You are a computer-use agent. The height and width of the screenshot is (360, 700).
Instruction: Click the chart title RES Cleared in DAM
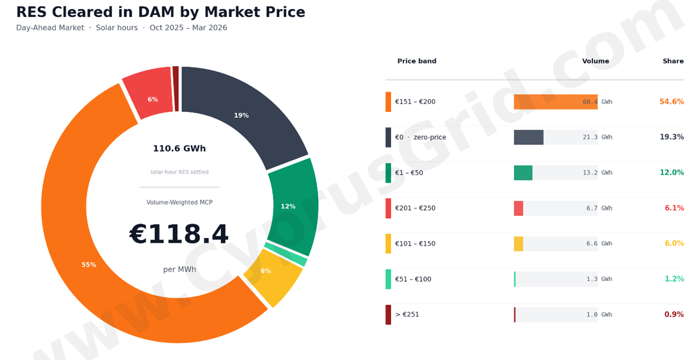pos(160,12)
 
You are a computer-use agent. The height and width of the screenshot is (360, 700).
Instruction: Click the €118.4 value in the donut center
pos(179,235)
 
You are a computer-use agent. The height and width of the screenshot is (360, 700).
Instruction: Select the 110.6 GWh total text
pos(179,149)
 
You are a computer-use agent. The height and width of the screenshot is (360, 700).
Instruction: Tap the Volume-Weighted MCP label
pos(179,202)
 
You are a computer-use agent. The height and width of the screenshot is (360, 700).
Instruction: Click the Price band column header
pos(417,61)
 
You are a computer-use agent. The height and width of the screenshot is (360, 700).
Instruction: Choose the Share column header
pos(673,61)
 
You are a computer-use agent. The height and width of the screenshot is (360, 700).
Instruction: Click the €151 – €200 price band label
pos(415,101)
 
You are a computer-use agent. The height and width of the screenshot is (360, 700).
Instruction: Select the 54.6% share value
pos(671,101)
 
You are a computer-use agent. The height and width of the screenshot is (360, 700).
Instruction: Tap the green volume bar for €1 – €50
pos(523,173)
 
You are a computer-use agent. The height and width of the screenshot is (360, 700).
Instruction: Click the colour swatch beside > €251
pos(388,314)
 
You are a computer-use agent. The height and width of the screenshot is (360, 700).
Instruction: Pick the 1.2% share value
pos(674,279)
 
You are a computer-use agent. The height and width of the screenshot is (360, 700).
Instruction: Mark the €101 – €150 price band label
pos(415,244)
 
